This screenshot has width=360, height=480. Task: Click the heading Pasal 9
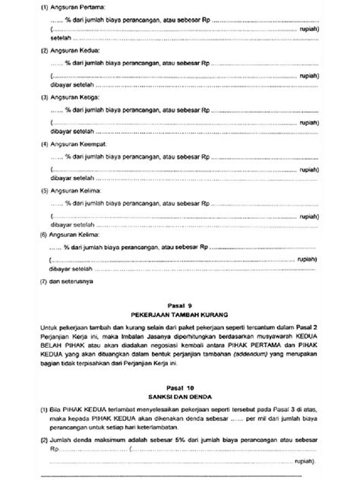click(x=180, y=302)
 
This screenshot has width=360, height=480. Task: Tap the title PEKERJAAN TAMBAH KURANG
click(x=180, y=312)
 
